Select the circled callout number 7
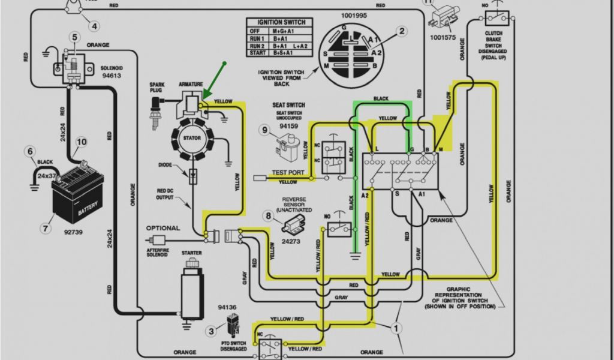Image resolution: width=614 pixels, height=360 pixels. pyautogui.click(x=45, y=228)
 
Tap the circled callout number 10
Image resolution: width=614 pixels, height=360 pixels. pyautogui.click(x=81, y=142)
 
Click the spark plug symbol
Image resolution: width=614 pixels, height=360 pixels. pyautogui.click(x=158, y=107)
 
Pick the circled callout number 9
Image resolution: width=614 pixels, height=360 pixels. pyautogui.click(x=264, y=130)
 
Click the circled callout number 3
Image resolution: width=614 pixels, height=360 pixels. pyautogui.click(x=210, y=330)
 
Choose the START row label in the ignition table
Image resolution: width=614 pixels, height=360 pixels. pyautogui.click(x=257, y=53)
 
